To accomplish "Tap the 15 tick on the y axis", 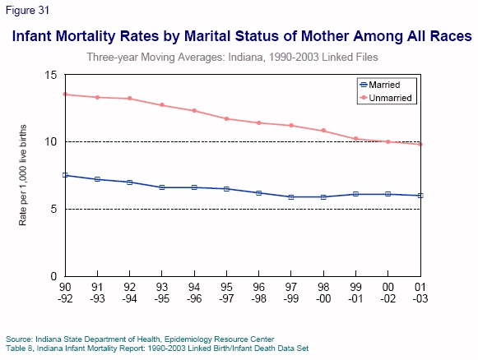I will pos(51,75).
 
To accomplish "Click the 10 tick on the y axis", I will pos(51,141).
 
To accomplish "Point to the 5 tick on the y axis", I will pos(53,209).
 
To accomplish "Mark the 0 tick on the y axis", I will pos(53,276).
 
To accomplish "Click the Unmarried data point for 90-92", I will pos(65,94).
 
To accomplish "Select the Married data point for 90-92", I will pos(65,175).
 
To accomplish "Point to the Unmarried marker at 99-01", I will pos(355,139).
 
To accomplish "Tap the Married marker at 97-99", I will pos(290,196).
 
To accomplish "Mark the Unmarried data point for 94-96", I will pos(194,111).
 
